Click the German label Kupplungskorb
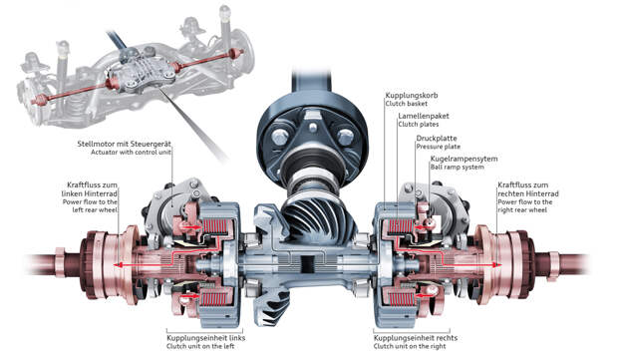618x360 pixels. [x=412, y=96]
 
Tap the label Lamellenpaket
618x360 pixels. [x=424, y=116]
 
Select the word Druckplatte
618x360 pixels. [x=437, y=139]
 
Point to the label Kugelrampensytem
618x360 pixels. [x=463, y=159]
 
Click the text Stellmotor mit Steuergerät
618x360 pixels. [x=125, y=144]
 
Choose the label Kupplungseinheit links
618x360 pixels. [x=205, y=338]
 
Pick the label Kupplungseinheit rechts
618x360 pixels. [x=416, y=338]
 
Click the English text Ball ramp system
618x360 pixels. [x=457, y=168]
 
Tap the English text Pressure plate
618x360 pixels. [x=438, y=147]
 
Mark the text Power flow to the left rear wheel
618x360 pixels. [x=90, y=205]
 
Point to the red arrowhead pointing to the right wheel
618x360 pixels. [x=498, y=265]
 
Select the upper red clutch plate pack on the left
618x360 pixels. [x=214, y=226]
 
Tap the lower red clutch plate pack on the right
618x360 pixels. [x=401, y=300]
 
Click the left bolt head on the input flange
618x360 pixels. [x=280, y=137]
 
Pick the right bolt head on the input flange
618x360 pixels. [x=345, y=137]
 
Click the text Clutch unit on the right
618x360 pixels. [x=410, y=347]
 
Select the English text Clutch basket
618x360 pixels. [x=407, y=104]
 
